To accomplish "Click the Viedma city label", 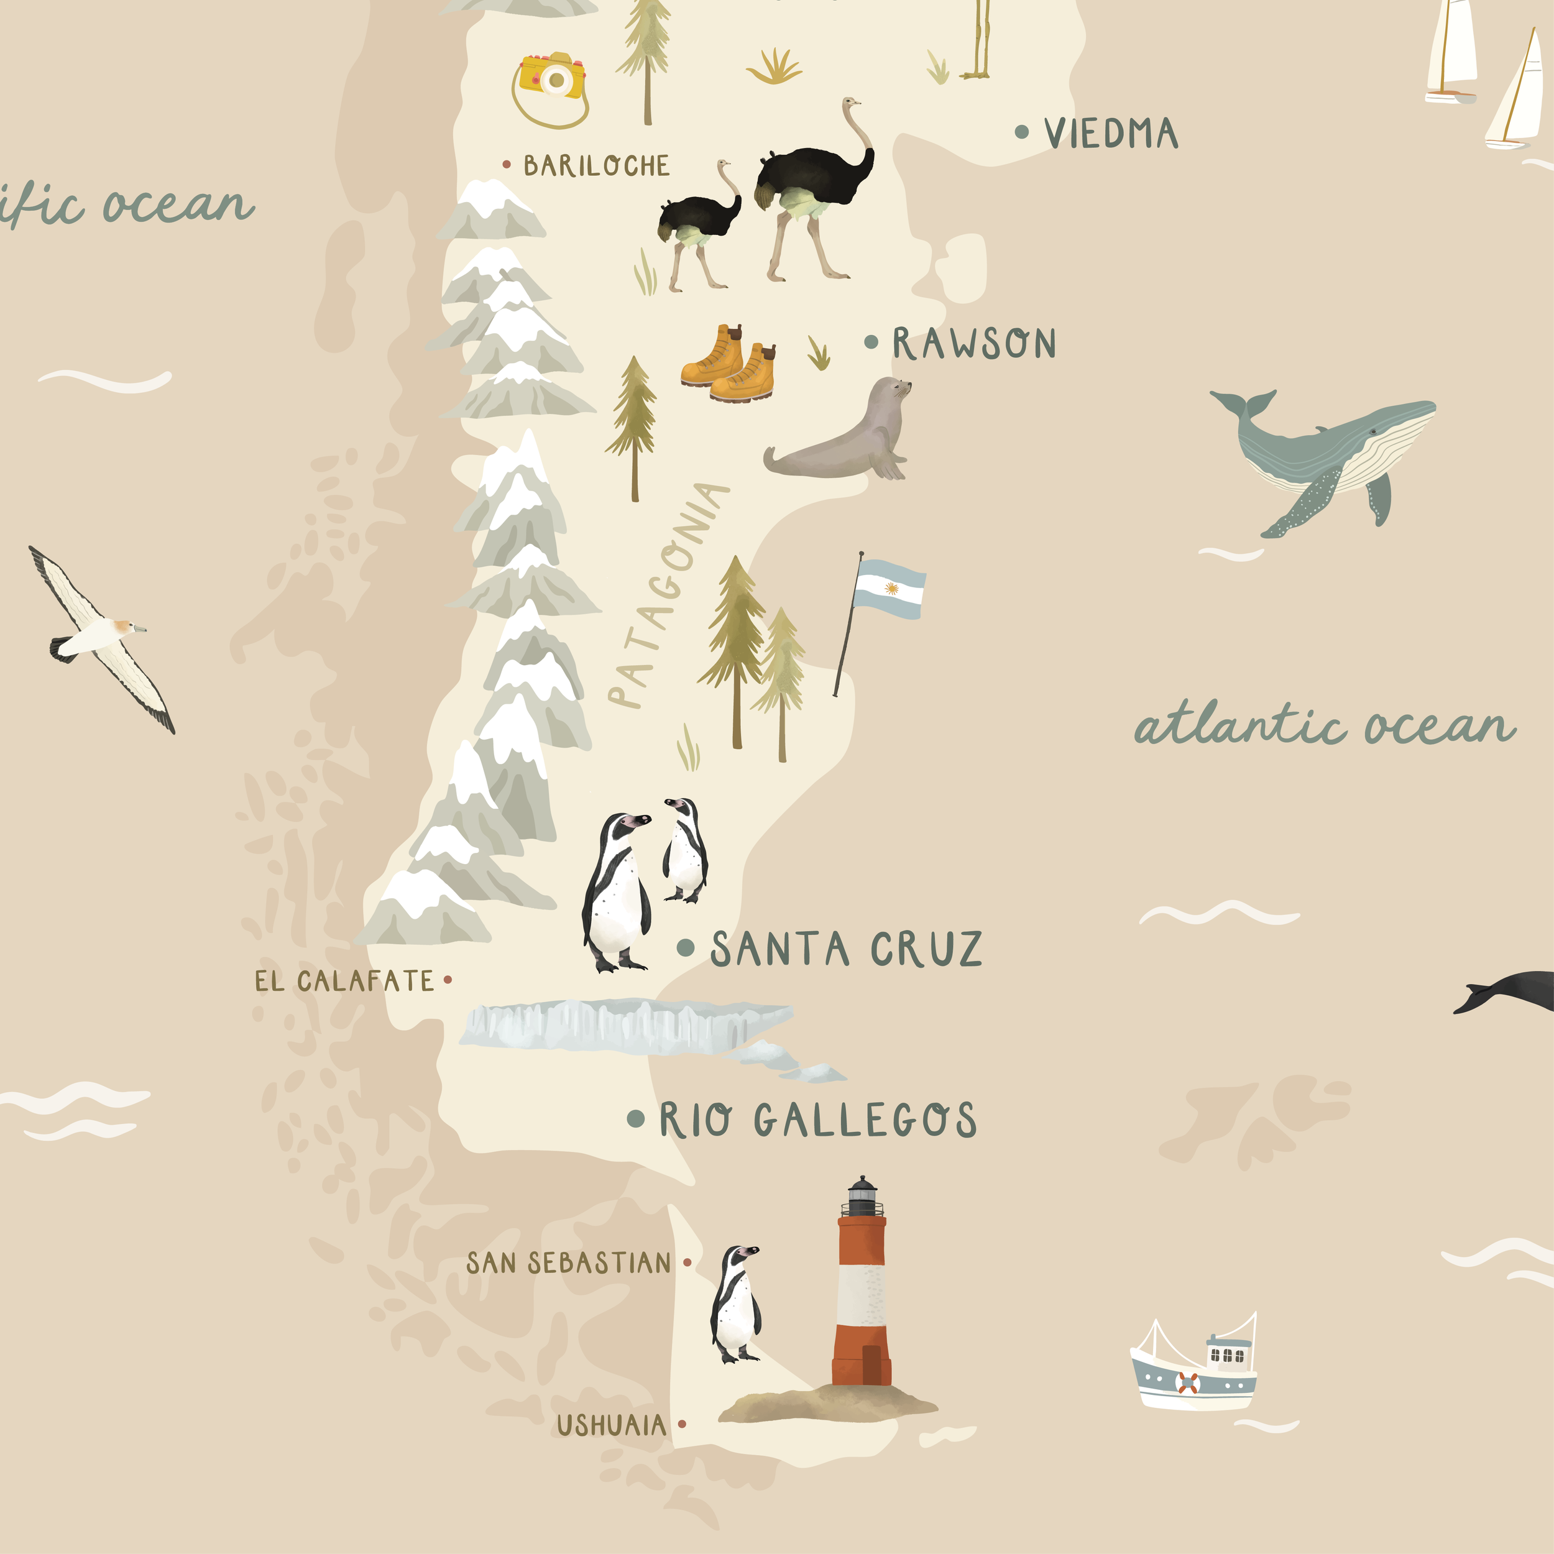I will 1110,134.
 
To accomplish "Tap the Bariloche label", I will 596,166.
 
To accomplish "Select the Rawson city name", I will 973,344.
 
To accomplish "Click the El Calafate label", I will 344,982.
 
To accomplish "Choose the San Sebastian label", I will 568,1264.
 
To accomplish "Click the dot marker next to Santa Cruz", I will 685,947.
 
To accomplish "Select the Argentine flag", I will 888,589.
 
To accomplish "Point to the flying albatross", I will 101,640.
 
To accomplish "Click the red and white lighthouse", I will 862,1295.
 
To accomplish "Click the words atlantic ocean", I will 1323,726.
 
